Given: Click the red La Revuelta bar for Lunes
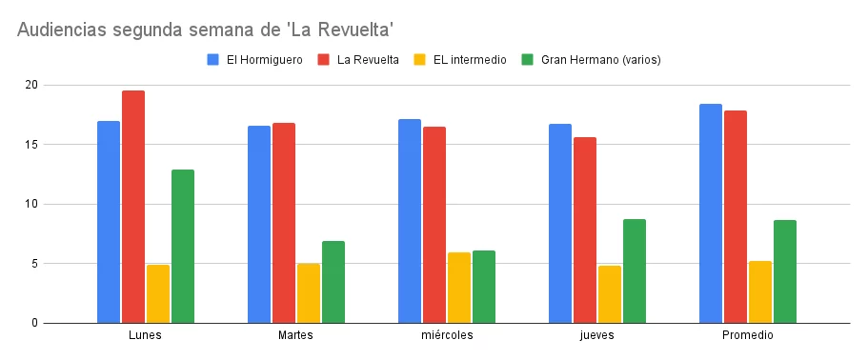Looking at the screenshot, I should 133,207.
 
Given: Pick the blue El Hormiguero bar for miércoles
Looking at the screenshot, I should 410,221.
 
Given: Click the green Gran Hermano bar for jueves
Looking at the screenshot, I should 635,270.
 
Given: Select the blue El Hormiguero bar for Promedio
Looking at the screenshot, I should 711,213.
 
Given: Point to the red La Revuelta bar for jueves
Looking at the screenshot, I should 585,230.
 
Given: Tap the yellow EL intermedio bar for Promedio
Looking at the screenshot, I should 760,291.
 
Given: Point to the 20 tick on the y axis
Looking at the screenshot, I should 31,86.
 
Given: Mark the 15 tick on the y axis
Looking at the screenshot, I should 31,145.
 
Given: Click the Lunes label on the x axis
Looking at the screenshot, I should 145,336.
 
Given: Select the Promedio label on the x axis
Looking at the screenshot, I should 747,336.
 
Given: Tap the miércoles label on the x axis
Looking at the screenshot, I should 446,336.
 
